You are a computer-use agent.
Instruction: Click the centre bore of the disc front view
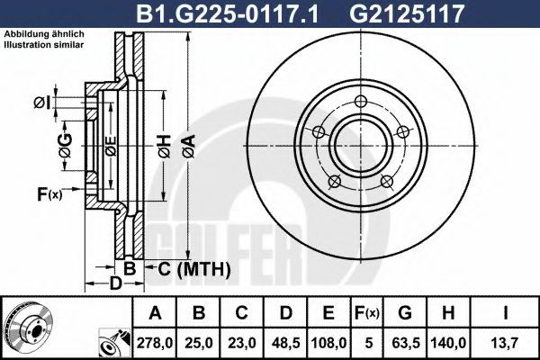click(360, 147)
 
